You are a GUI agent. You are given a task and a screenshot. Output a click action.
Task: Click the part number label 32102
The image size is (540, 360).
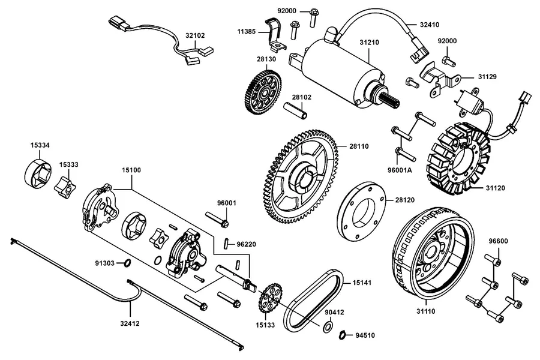(195, 35)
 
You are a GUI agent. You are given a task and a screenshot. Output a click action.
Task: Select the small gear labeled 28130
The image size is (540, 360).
(264, 92)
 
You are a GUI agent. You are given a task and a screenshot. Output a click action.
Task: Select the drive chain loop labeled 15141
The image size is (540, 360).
(313, 300)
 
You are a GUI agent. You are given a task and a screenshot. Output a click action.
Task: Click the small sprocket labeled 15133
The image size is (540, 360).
(269, 298)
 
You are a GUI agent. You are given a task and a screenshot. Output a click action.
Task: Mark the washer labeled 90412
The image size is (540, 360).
(328, 326)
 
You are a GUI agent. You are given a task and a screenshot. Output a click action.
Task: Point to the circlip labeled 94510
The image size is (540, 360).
(343, 335)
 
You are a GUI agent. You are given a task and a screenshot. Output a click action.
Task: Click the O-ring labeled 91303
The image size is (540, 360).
(127, 263)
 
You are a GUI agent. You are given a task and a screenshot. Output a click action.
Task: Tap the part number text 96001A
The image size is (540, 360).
(399, 170)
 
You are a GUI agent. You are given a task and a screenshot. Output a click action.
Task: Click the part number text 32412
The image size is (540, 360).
(130, 323)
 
